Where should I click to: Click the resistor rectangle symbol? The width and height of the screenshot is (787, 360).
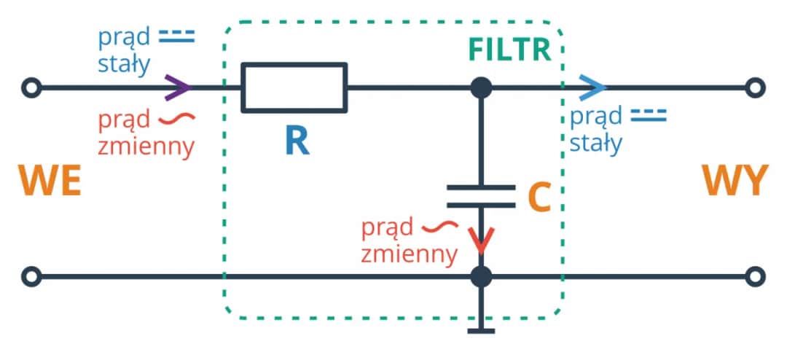(294, 87)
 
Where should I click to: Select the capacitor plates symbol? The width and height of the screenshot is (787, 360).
(481, 193)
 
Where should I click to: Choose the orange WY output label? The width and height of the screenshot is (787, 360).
(735, 181)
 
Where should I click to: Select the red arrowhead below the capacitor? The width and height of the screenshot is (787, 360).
(481, 240)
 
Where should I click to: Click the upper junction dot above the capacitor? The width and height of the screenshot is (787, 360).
(481, 87)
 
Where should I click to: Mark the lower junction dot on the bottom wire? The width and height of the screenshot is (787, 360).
(481, 277)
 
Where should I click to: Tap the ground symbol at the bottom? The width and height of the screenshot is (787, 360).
(481, 330)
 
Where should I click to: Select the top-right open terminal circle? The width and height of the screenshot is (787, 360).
(756, 88)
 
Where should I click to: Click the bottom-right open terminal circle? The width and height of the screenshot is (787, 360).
(756, 277)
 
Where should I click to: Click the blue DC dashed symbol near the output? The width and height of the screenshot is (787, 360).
(648, 114)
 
